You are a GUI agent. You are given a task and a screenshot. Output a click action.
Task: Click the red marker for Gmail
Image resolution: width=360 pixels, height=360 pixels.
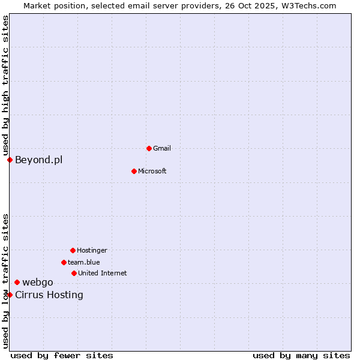(x=149, y=148)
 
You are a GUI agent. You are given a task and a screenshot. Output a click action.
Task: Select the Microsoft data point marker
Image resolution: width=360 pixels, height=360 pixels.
(x=134, y=171)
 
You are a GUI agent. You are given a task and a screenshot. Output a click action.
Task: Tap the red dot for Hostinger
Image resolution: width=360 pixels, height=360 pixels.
(x=73, y=250)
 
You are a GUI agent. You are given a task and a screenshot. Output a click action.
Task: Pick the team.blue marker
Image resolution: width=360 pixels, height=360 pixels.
(x=64, y=262)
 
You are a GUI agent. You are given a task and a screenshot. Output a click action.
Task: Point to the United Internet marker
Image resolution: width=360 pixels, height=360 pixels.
(x=74, y=273)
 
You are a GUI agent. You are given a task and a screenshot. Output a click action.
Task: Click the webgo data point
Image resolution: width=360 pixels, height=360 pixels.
(x=17, y=282)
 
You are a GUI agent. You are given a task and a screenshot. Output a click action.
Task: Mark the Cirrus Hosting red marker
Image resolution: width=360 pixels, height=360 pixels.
(x=10, y=295)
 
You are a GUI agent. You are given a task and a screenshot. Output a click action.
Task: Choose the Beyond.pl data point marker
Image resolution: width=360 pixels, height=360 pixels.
(x=10, y=160)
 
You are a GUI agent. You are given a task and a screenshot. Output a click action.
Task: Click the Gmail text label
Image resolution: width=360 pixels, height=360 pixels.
(x=162, y=148)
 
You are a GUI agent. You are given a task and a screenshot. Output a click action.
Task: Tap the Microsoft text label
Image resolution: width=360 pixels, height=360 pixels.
(x=152, y=171)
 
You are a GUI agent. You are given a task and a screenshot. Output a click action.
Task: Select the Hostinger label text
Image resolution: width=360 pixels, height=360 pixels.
(x=92, y=250)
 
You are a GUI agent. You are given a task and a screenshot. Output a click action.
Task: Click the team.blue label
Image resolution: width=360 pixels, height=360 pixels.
(x=83, y=262)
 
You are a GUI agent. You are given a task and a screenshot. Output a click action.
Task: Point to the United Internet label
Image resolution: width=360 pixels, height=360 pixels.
(x=102, y=273)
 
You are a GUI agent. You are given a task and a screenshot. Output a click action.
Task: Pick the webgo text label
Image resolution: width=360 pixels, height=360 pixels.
(x=38, y=283)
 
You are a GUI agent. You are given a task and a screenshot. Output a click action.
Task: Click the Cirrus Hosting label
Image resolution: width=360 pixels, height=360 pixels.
(x=49, y=295)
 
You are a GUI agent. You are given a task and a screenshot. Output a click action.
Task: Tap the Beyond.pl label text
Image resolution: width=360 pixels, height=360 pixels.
(x=38, y=160)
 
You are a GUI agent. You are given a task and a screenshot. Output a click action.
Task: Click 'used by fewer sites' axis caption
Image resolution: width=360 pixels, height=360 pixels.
(x=62, y=355)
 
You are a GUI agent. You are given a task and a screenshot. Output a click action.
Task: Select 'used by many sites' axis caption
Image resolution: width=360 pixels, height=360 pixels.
(x=301, y=355)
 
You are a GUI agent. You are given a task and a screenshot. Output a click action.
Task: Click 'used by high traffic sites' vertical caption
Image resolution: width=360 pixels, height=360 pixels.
(x=5, y=85)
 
